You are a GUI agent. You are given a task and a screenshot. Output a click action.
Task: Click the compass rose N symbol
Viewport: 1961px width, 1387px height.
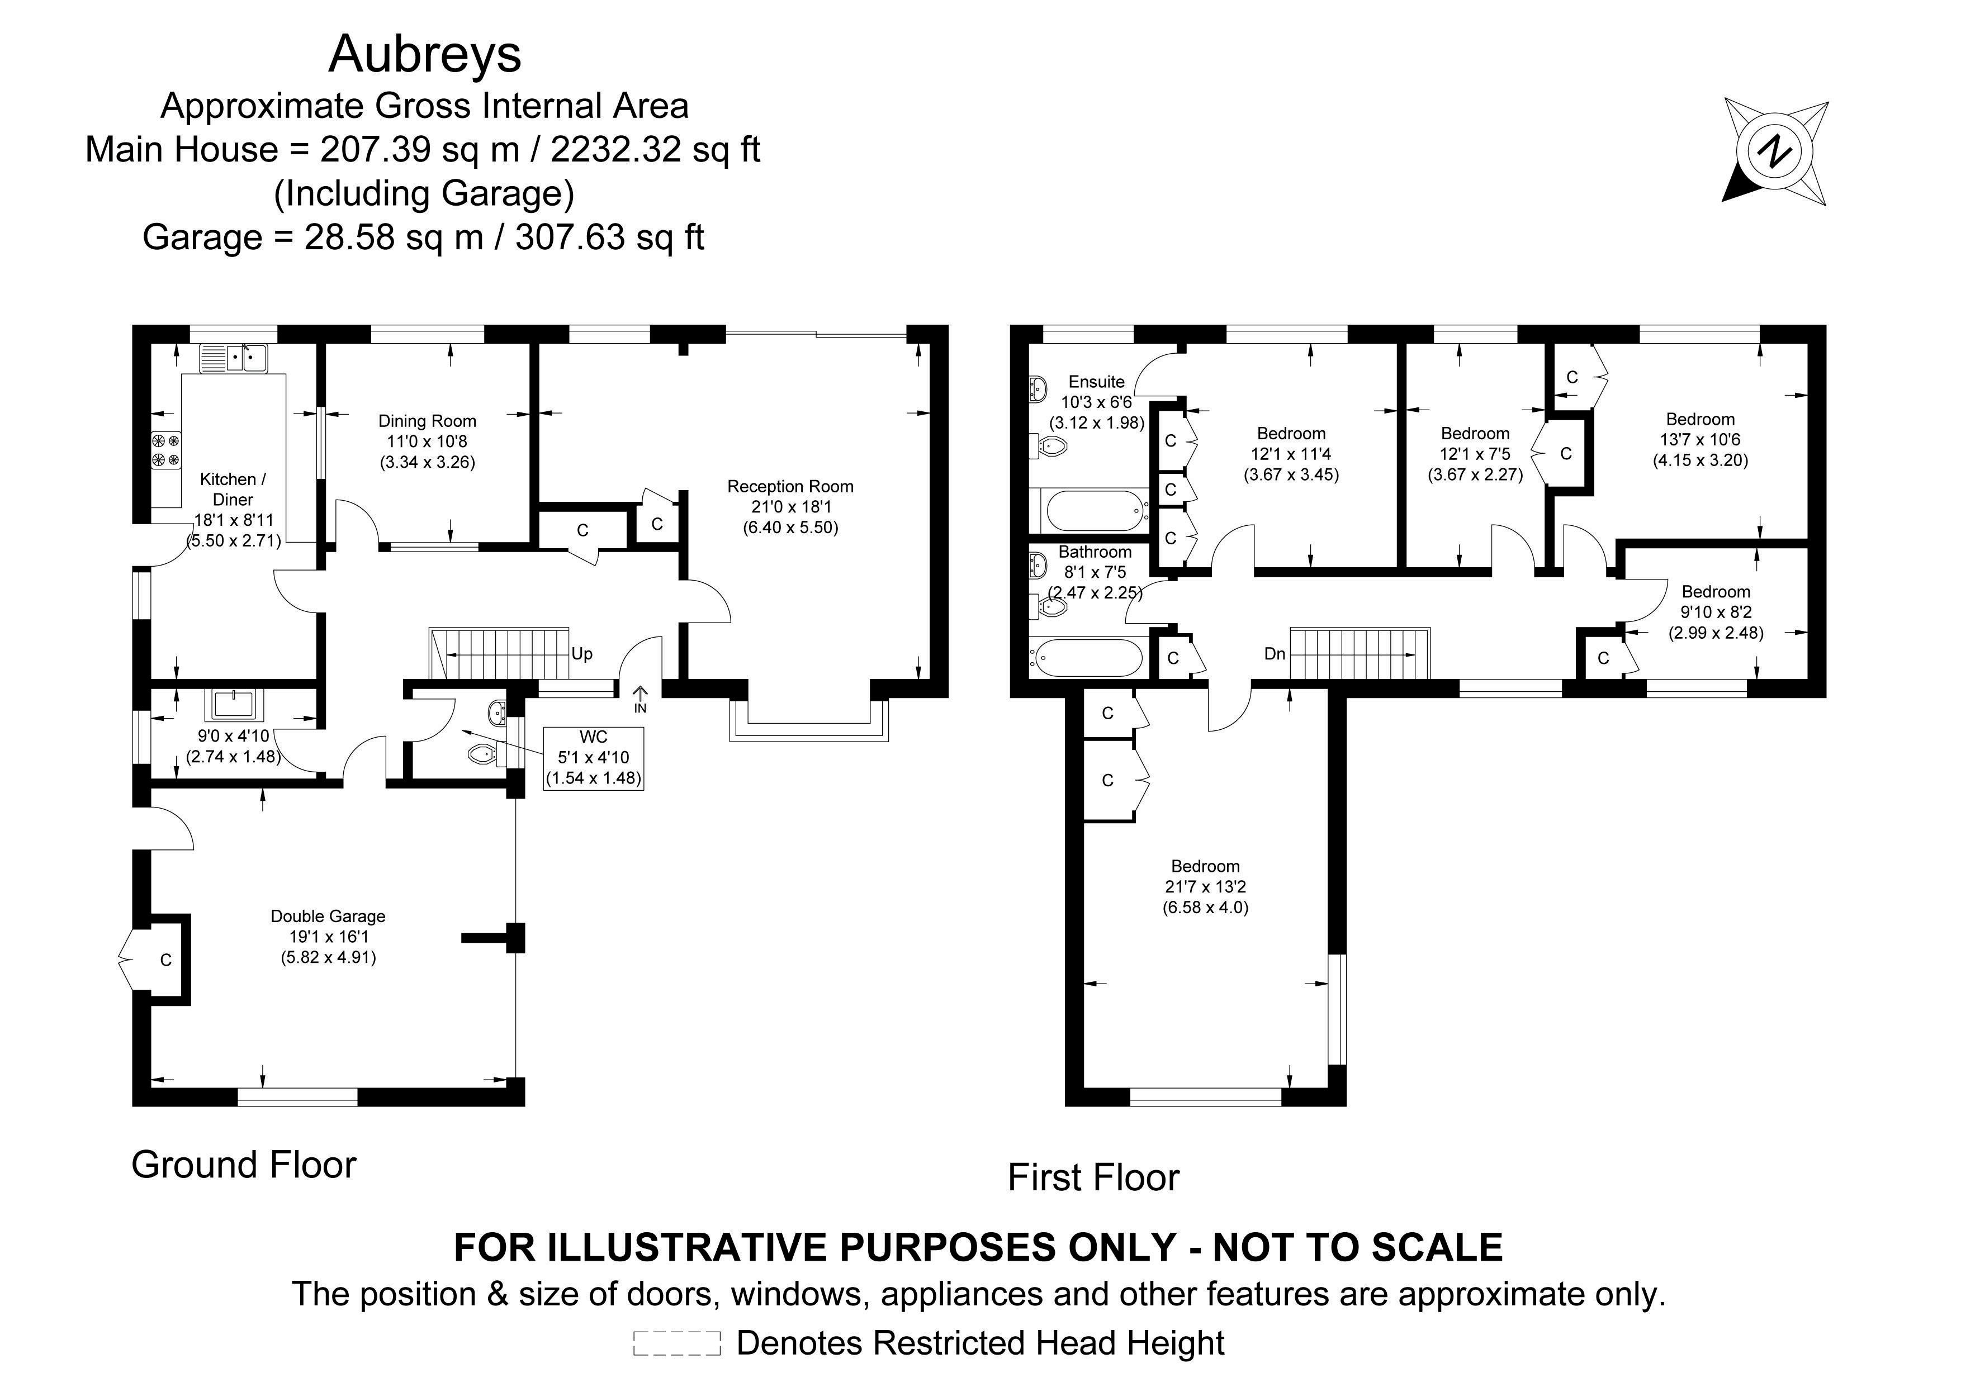click(x=1774, y=153)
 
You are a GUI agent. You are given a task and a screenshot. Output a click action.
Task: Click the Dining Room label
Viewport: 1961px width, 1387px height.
click(x=427, y=421)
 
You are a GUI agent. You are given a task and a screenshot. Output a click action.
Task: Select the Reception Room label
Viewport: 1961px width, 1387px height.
click(x=790, y=487)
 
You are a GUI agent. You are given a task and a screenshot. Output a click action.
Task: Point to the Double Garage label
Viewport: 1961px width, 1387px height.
click(x=328, y=916)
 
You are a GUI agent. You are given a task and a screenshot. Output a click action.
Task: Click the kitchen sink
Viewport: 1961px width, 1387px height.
click(x=234, y=358)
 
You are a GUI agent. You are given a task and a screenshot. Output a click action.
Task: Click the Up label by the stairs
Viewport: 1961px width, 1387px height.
click(x=581, y=654)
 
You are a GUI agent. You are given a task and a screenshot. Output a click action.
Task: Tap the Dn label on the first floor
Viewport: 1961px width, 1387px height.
click(x=1275, y=654)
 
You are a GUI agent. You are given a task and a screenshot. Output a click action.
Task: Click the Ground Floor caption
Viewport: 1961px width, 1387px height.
click(x=243, y=1165)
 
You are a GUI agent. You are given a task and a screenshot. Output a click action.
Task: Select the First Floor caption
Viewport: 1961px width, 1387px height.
click(x=1093, y=1178)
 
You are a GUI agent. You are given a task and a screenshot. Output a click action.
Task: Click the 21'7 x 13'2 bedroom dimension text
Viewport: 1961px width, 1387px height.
click(x=1205, y=887)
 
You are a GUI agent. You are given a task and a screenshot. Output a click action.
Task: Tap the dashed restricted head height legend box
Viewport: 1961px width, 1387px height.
click(x=676, y=1343)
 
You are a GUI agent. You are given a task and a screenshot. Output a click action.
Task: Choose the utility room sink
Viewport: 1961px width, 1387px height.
click(x=233, y=705)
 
